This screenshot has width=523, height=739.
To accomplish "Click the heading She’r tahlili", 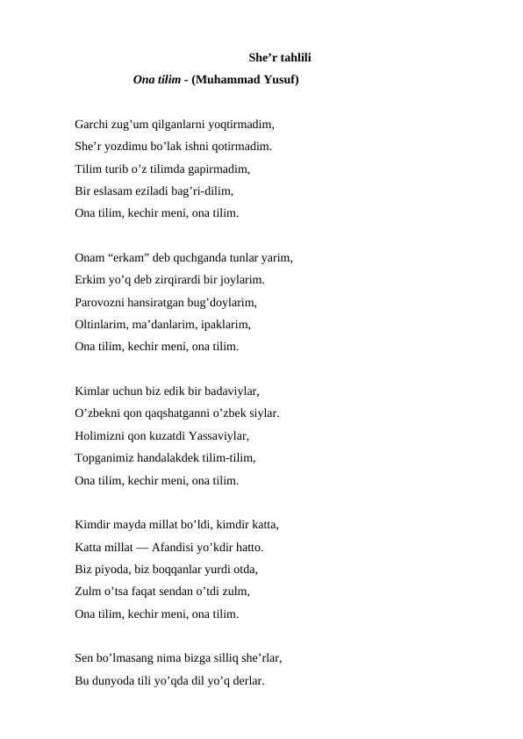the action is [279, 59].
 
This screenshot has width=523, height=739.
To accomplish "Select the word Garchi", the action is [92, 126].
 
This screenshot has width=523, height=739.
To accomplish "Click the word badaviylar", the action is [230, 392].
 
